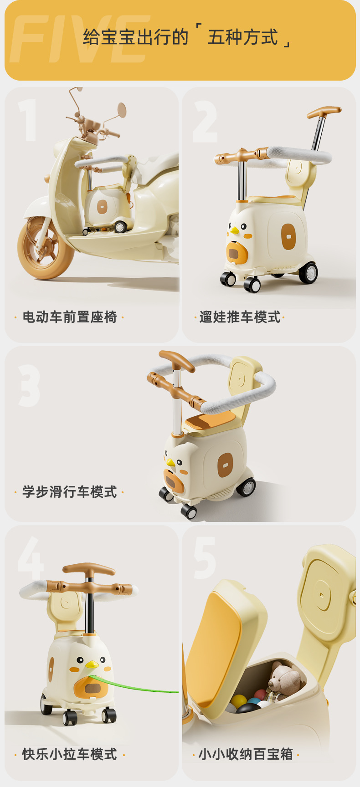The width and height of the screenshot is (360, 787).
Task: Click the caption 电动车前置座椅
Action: (70, 317)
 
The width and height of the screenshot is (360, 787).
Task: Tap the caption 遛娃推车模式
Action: (240, 317)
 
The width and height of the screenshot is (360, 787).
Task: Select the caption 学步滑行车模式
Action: (70, 492)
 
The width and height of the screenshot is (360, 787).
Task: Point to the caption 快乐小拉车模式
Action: (70, 754)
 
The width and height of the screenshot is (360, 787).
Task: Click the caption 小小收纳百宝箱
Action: (246, 754)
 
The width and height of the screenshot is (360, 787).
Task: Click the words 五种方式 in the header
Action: (242, 37)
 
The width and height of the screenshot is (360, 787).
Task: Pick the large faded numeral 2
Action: (205, 122)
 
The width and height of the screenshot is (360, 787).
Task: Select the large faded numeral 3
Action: (29, 387)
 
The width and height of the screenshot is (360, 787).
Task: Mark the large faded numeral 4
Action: (30, 558)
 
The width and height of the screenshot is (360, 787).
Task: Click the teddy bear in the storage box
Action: (283, 680)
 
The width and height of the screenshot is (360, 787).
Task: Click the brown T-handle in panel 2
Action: (324, 111)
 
